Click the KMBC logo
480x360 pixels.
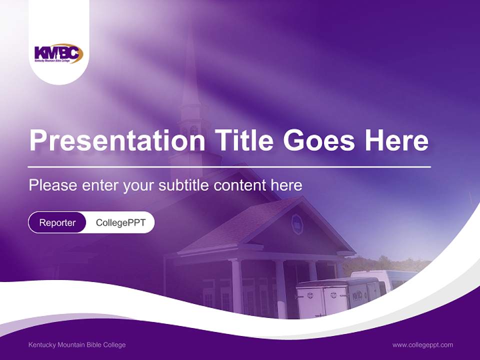pyautogui.click(x=58, y=53)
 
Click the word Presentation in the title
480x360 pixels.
pyautogui.click(x=117, y=141)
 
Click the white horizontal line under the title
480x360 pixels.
pyautogui.click(x=229, y=166)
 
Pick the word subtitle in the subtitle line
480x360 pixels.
pyautogui.click(x=183, y=185)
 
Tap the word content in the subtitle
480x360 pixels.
pyautogui.click(x=240, y=185)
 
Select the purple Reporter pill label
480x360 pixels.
pyautogui.click(x=57, y=222)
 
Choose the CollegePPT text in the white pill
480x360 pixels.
pyautogui.click(x=120, y=222)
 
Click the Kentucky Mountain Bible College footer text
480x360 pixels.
pyautogui.click(x=77, y=345)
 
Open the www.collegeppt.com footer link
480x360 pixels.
pyautogui.click(x=422, y=345)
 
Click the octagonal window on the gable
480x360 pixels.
pyautogui.click(x=297, y=224)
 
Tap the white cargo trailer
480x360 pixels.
pyautogui.click(x=337, y=297)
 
